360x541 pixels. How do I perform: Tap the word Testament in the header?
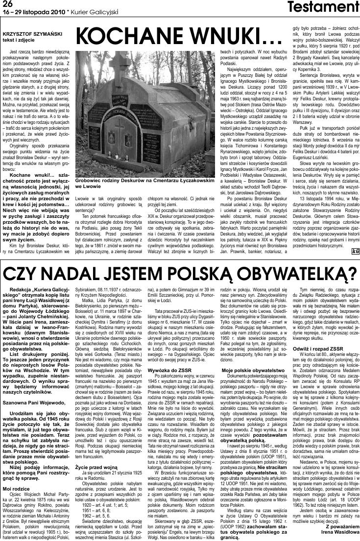(x=329, y=7)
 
